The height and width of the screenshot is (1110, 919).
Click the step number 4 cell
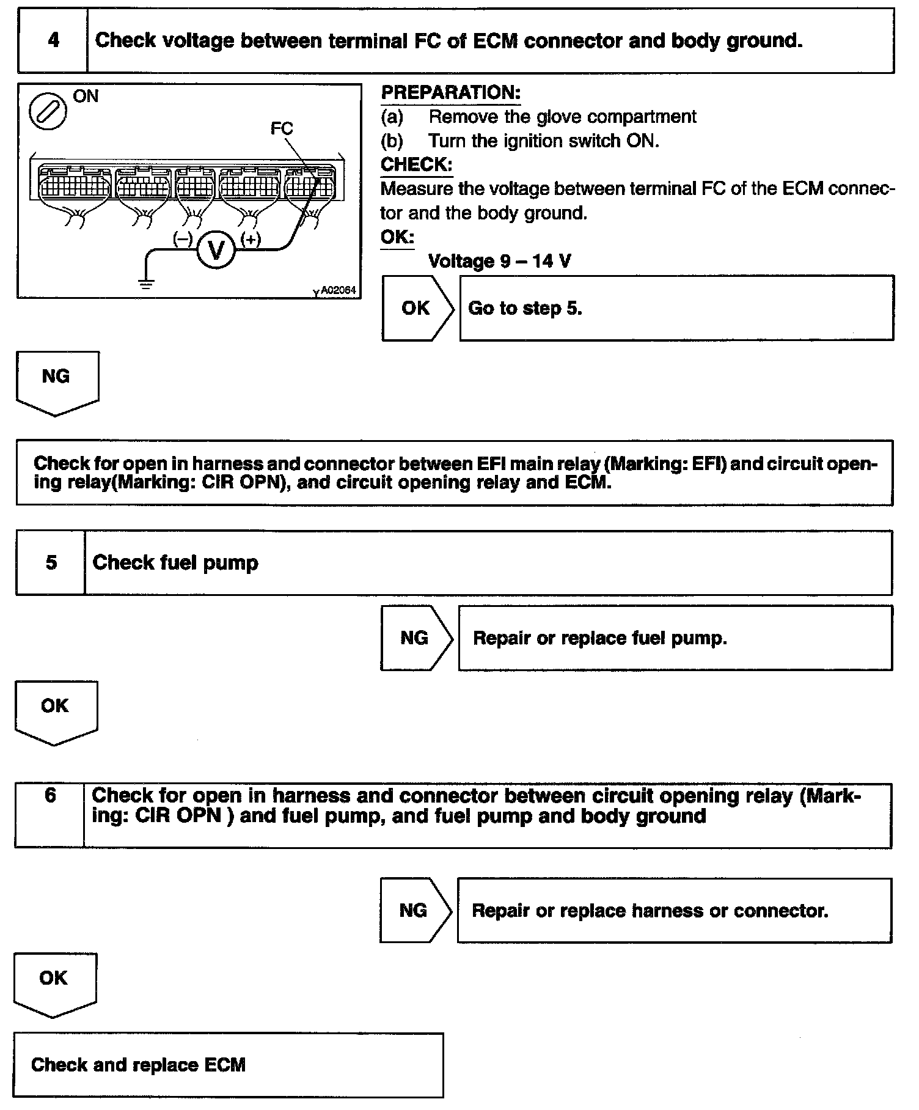click(53, 41)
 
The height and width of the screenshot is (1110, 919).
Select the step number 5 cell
click(51, 563)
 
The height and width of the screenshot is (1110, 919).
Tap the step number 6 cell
click(50, 815)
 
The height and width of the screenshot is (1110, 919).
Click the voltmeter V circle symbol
click(215, 249)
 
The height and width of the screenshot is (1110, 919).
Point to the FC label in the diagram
click(282, 128)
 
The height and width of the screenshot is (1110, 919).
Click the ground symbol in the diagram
click(146, 283)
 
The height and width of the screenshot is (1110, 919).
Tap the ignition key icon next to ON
click(48, 111)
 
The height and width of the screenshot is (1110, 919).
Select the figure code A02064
click(337, 290)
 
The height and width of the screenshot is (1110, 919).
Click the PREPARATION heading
click(451, 93)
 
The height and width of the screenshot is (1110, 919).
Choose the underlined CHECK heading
click(416, 165)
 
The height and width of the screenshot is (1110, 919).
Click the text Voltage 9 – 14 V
click(500, 262)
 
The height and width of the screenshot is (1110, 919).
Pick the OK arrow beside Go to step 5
click(418, 308)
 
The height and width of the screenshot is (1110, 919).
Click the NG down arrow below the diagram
click(57, 381)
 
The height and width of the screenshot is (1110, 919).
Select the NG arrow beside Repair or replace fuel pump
click(416, 638)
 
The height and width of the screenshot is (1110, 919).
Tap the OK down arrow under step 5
click(56, 711)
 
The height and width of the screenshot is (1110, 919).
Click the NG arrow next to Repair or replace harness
click(415, 910)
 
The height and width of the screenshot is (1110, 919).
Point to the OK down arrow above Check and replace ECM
click(54, 983)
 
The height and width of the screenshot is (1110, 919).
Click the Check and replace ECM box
click(228, 1065)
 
